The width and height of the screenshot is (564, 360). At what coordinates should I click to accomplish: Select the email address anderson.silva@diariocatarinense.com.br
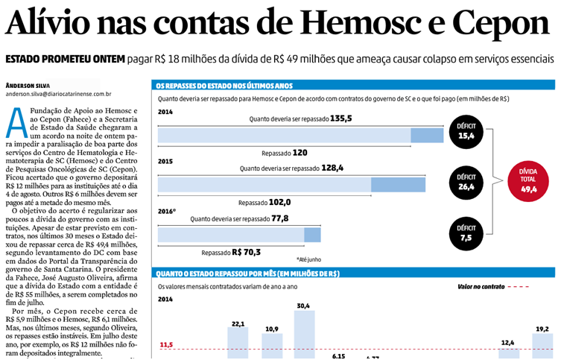pyautogui.click(x=58, y=95)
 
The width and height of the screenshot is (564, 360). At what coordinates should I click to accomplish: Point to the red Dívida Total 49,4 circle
pyautogui.click(x=529, y=180)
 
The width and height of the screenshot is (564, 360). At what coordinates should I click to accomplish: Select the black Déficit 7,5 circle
pyautogui.click(x=466, y=233)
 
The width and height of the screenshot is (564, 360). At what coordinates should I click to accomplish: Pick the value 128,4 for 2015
pyautogui.click(x=332, y=168)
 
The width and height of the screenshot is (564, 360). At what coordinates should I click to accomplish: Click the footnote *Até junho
pyautogui.click(x=308, y=259)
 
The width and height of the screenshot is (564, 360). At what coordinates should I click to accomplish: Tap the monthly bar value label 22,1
pyautogui.click(x=238, y=323)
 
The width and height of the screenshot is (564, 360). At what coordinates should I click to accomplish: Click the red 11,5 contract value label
pyautogui.click(x=167, y=344)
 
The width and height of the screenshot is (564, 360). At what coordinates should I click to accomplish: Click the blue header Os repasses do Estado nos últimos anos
pyautogui.click(x=223, y=85)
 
